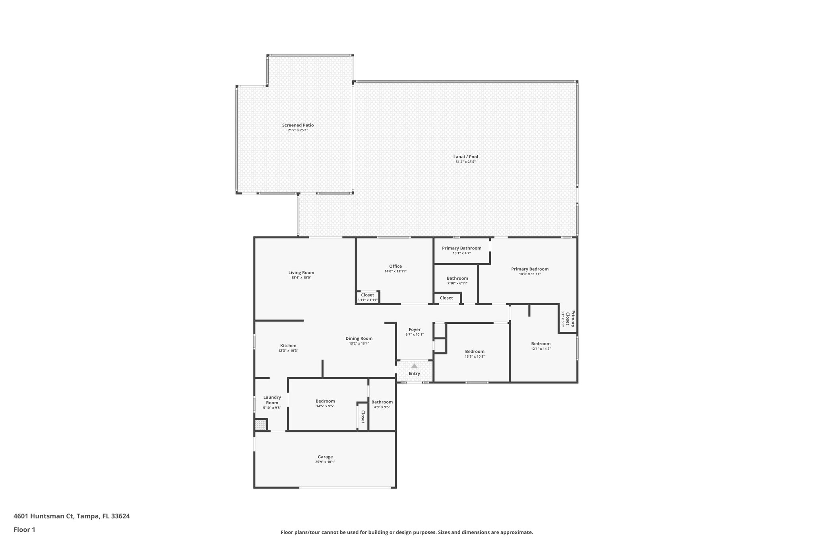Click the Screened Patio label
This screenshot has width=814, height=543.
[298, 125]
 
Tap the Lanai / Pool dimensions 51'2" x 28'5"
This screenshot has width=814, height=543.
[465, 162]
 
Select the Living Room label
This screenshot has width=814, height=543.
[301, 272]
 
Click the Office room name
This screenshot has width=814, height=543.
[395, 266]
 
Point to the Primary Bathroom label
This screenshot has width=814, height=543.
[461, 248]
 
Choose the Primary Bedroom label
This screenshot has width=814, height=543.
[529, 269]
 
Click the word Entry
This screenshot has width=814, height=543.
[414, 374]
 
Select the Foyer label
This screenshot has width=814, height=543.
[414, 329]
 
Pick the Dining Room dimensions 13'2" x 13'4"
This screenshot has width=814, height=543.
[359, 343]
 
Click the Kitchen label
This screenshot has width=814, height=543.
[288, 346]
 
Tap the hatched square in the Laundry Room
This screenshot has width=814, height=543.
[260, 424]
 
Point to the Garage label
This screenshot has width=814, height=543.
[325, 457]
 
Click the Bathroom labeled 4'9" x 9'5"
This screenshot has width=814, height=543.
[382, 402]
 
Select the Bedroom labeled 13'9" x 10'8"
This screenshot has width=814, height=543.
[475, 351]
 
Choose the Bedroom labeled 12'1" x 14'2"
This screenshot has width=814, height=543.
[541, 344]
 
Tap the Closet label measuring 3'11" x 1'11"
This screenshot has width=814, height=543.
[367, 295]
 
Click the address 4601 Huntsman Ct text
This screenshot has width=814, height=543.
[44, 516]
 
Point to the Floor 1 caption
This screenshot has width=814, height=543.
[24, 529]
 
